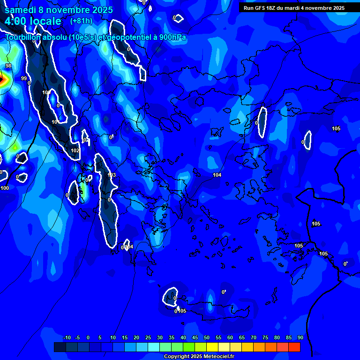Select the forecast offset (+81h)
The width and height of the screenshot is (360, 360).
point(81,21)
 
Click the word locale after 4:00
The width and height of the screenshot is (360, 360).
point(45,21)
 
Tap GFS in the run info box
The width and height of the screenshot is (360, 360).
point(260,8)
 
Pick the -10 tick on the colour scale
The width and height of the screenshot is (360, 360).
point(67,337)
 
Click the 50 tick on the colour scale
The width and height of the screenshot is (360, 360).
point(207,337)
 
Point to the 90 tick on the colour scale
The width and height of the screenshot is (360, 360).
point(300,337)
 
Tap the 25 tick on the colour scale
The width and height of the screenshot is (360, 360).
point(148,337)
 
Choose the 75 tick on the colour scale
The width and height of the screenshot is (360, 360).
point(265,337)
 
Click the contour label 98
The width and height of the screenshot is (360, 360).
point(8,66)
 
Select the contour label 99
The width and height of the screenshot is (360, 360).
point(24,78)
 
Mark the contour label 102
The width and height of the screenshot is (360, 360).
point(75,150)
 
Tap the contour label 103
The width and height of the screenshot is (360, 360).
point(112,175)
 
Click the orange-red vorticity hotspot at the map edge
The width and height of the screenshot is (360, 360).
point(2,80)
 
